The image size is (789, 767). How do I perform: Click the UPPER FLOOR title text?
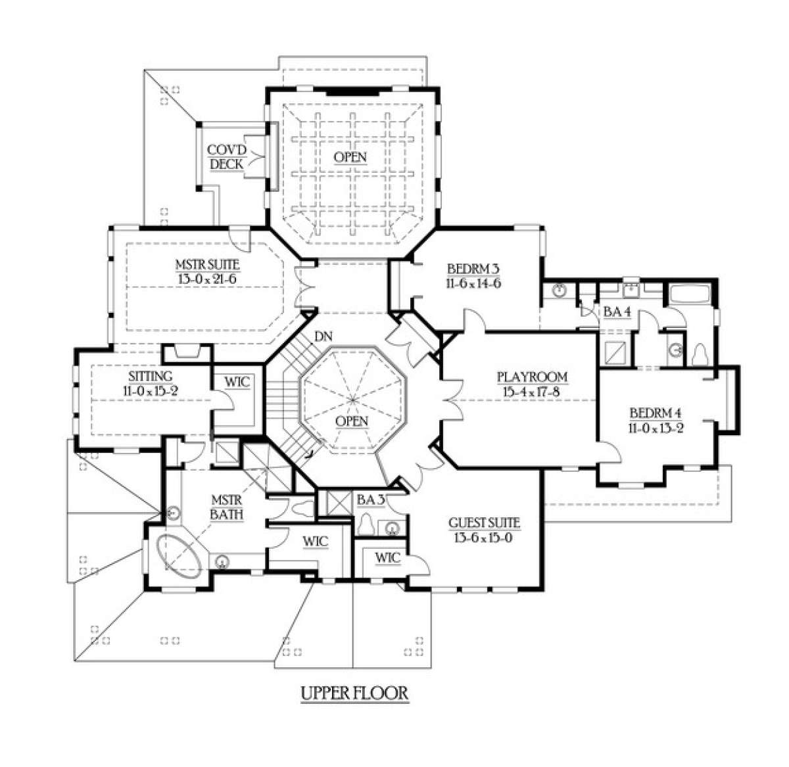pos(354,693)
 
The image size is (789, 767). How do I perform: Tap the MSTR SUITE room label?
pos(207,265)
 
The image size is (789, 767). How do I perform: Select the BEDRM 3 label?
pos(473,269)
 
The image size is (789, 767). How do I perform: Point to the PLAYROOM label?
pos(533,377)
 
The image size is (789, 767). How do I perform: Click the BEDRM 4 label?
pos(656,413)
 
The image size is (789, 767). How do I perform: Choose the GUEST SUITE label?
pos(484,523)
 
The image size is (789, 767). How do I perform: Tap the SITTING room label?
pos(151,376)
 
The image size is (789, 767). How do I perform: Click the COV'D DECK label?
pos(226,157)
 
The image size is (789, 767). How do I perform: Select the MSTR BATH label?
pos(226,507)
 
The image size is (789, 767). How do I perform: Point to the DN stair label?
pos(323,336)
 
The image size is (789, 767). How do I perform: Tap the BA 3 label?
pos(371,500)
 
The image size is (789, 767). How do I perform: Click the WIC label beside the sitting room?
pos(237,381)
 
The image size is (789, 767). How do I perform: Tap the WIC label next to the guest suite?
pos(388,558)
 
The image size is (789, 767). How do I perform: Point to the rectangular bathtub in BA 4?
pos(690,294)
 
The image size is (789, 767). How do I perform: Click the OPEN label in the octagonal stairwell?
pos(352,421)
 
